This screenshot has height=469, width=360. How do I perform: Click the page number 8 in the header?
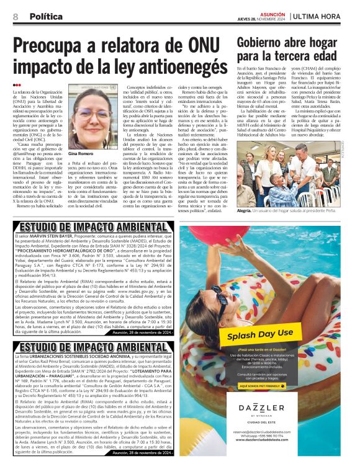pos(14,16)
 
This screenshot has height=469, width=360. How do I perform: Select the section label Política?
pos(45,16)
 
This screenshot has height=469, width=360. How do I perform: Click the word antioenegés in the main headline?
pos(177,66)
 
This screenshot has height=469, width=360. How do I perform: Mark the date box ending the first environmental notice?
pos(142,333)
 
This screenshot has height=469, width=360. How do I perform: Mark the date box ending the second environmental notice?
pos(142,453)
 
